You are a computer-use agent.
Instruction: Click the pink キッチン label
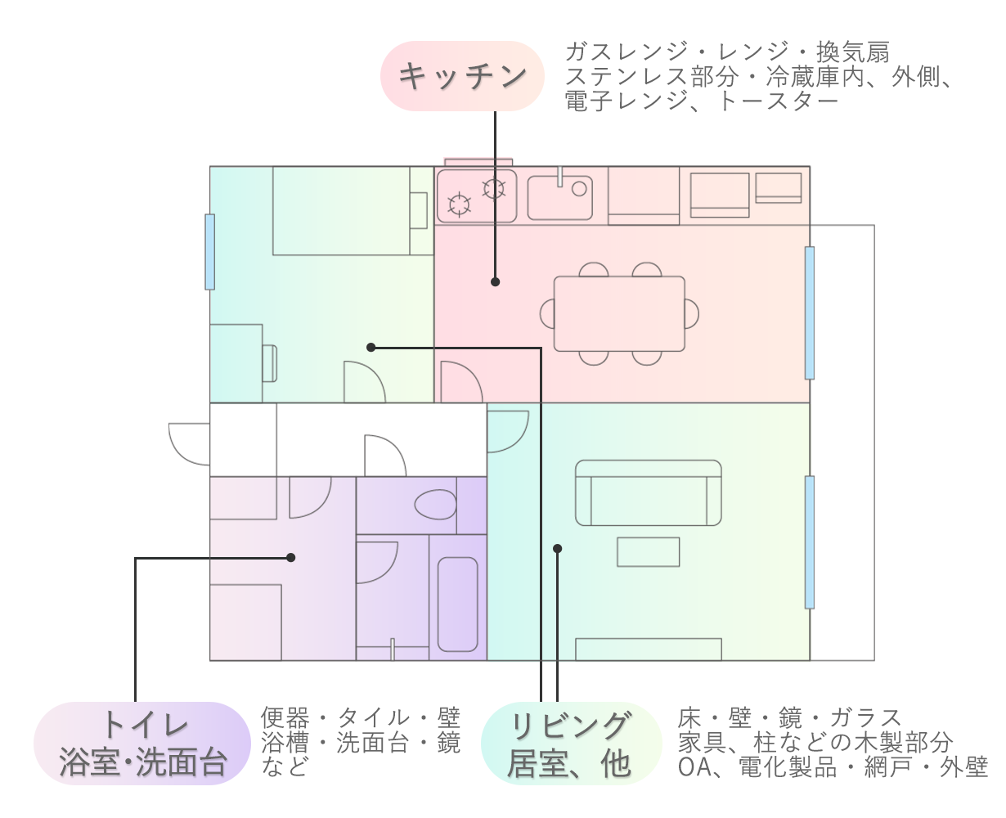click(462, 76)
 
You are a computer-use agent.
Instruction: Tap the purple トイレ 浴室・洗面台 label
click(141, 744)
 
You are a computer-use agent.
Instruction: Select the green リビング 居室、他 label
click(571, 744)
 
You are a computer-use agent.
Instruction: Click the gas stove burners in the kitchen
click(476, 196)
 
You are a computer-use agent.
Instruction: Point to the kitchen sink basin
click(559, 197)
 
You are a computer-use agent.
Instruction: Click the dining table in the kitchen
click(619, 314)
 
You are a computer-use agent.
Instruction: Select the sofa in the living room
click(648, 493)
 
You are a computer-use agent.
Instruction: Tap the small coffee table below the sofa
click(648, 552)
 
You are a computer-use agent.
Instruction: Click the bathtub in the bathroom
click(457, 605)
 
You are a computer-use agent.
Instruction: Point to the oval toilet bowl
click(434, 504)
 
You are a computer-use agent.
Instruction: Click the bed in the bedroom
click(341, 211)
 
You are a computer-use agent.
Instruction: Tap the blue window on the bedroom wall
click(210, 252)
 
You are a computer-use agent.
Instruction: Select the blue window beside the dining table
click(810, 313)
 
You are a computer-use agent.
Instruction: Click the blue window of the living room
click(810, 542)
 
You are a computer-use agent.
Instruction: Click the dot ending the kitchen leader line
click(495, 281)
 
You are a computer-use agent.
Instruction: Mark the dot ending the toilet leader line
click(290, 558)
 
